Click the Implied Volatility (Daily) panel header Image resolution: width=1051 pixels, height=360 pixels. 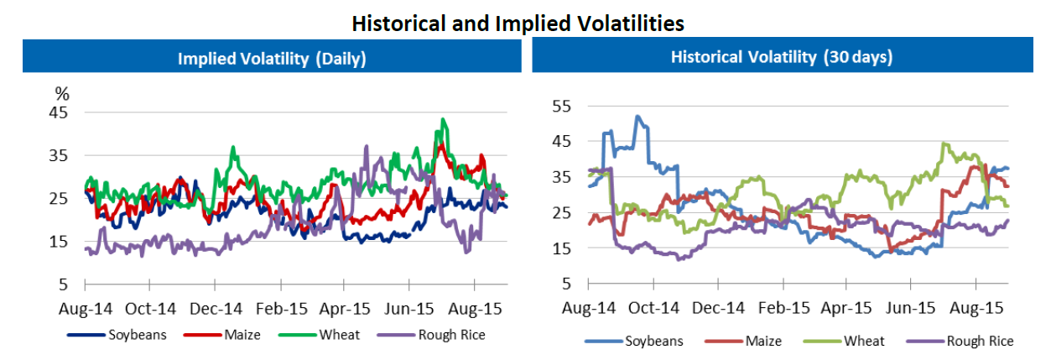point(272,59)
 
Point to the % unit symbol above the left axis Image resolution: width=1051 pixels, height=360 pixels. point(62,93)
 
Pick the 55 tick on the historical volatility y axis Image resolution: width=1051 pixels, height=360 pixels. point(561,107)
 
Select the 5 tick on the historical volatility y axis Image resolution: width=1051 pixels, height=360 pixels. point(566,284)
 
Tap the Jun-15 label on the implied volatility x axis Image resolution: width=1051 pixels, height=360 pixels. point(408,308)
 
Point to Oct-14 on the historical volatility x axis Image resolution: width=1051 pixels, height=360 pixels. point(654,308)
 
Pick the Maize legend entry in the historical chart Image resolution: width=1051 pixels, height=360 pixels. point(764,340)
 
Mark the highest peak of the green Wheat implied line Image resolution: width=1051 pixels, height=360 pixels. point(441,119)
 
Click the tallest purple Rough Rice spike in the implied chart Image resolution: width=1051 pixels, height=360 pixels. point(366,146)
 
